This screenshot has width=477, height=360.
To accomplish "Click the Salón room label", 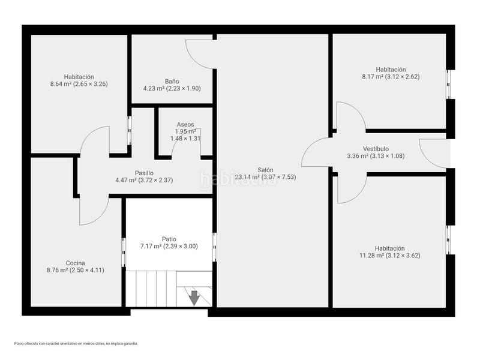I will coord(266,170).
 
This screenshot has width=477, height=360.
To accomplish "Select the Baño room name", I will coord(172,81).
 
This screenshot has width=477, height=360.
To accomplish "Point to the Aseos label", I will coord(185,124).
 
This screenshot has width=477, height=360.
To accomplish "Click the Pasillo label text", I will coord(144,173).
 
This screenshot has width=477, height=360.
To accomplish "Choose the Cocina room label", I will coord(76,263).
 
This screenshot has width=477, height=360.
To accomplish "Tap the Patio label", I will coord(169,238).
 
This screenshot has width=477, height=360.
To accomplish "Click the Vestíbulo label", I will coord(376,149).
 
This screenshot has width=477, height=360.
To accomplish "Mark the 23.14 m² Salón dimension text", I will coord(265,177).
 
